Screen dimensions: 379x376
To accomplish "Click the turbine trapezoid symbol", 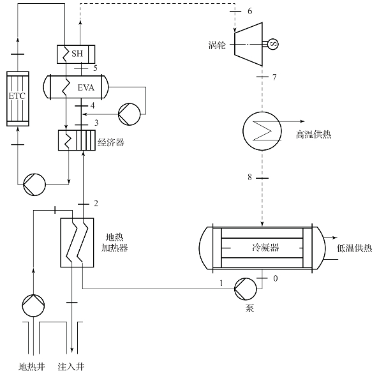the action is click(x=248, y=44).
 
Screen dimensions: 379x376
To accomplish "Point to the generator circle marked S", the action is click(x=274, y=44).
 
